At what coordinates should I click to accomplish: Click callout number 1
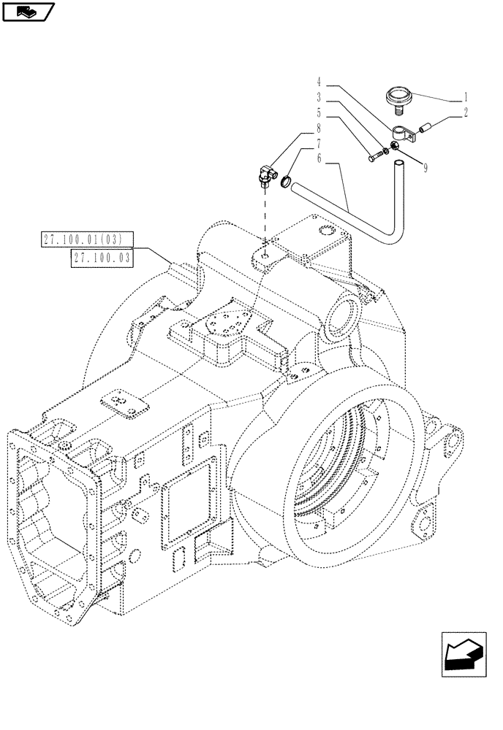(466, 96)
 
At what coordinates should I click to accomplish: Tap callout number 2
(466, 112)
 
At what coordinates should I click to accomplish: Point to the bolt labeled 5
(375, 155)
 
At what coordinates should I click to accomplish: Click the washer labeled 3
(386, 150)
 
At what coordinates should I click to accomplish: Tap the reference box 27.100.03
(102, 257)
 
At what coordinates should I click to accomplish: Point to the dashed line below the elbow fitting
(263, 219)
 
